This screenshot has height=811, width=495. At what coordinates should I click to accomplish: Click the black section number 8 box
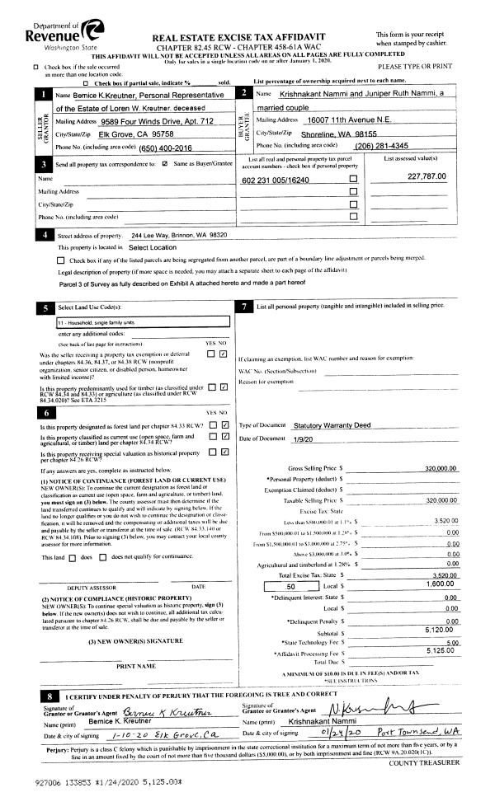[49, 697]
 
